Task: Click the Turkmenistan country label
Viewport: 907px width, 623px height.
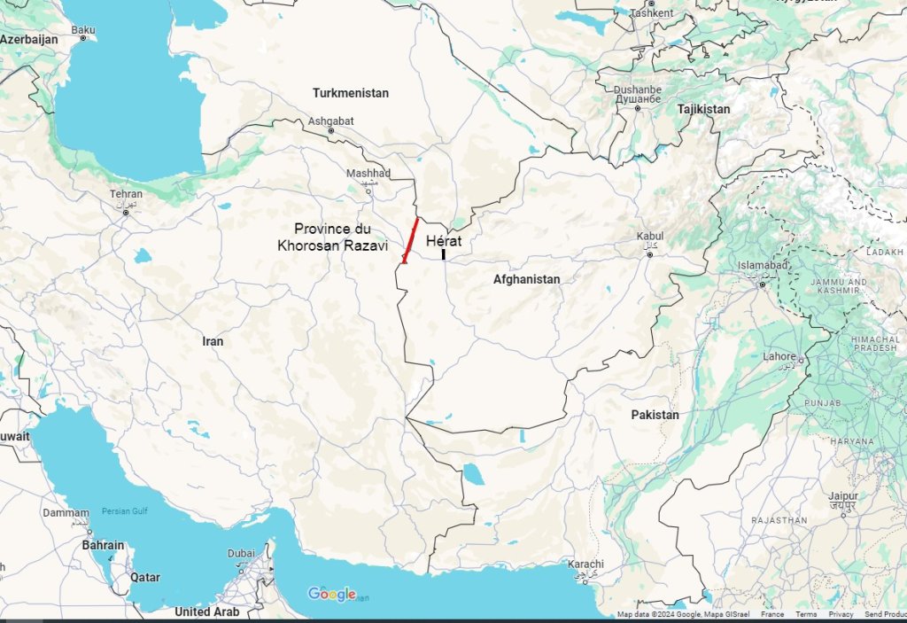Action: click(350, 93)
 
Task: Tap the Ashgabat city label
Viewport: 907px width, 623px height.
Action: click(330, 121)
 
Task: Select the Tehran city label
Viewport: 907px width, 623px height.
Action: click(126, 194)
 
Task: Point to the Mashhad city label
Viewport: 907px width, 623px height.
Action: click(368, 173)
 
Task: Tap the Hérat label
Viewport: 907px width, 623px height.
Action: click(444, 240)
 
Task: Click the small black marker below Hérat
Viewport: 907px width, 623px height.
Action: click(443, 254)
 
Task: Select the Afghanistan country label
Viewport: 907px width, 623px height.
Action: click(526, 279)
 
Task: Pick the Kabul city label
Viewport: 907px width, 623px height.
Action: click(649, 237)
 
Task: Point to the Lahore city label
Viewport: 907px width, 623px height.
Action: click(779, 356)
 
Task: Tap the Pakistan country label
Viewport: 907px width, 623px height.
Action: click(655, 415)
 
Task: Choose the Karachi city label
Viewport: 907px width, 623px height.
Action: click(586, 565)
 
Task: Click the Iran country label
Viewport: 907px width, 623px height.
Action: click(213, 341)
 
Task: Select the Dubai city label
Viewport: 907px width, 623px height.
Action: click(240, 554)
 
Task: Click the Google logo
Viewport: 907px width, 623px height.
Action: click(331, 594)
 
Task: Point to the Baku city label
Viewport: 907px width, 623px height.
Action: click(83, 30)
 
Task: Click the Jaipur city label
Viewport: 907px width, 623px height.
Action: click(843, 497)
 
